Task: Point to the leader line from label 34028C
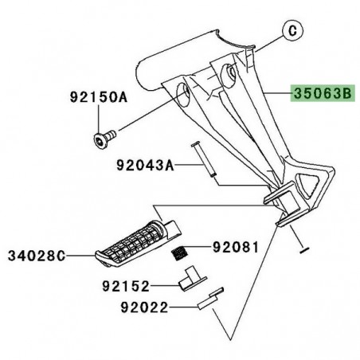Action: click(80, 256)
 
